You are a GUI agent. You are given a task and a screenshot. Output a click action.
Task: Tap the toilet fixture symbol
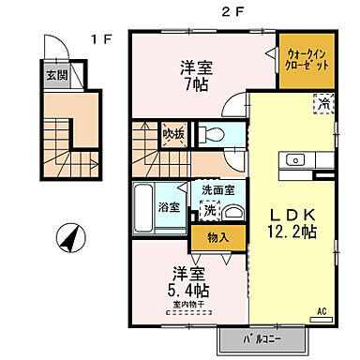click(211, 134)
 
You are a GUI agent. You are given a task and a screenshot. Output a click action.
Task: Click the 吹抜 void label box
click(173, 132)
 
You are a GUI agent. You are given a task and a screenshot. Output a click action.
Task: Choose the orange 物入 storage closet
click(217, 238)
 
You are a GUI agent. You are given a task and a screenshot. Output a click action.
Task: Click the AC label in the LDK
click(321, 310)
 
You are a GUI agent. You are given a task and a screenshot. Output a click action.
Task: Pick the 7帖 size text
click(196, 82)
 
